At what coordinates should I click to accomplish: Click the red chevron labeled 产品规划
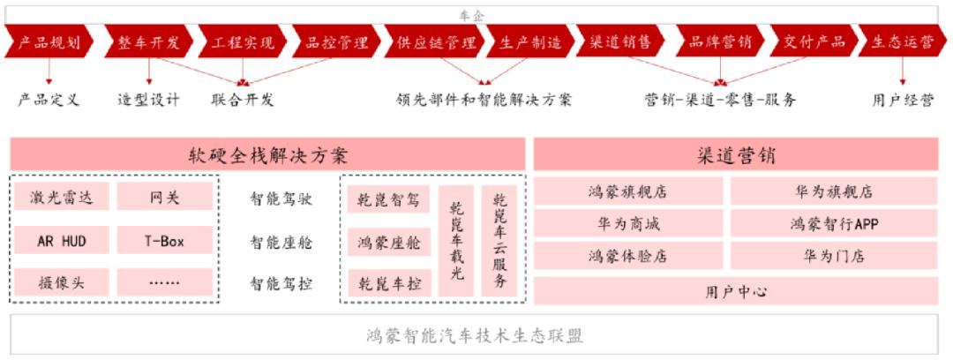click(49, 42)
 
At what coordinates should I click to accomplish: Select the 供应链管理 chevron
click(432, 42)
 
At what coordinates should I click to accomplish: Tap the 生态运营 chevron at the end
click(903, 42)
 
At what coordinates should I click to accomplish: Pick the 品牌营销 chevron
click(720, 42)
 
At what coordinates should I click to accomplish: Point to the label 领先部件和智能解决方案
click(484, 100)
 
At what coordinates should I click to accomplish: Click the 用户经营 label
click(903, 100)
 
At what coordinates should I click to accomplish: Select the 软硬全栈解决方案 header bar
click(267, 154)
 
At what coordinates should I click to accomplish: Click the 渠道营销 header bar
click(735, 154)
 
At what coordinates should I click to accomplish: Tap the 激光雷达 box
click(62, 197)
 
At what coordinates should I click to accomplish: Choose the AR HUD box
click(62, 241)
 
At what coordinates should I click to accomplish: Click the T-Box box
click(165, 241)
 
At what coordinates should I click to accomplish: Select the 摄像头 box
click(62, 282)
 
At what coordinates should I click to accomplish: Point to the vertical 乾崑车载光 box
click(456, 242)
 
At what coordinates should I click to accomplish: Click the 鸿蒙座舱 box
click(389, 243)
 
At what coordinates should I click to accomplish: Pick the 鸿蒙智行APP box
click(835, 224)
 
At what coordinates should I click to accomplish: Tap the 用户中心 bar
click(735, 291)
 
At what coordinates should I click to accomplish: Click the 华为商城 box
click(628, 224)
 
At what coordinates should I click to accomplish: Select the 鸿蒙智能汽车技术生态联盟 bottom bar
click(474, 335)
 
